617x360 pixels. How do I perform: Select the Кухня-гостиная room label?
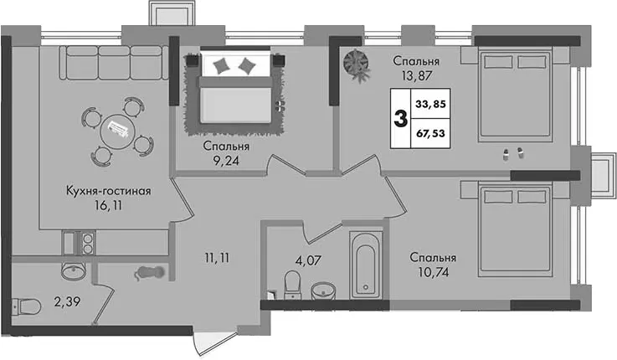(x=108, y=191)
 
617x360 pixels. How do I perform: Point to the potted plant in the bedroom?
(x=357, y=64)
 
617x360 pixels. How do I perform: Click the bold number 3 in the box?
(x=400, y=119)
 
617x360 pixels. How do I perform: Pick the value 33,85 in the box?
(x=430, y=105)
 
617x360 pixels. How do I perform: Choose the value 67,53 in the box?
(x=430, y=133)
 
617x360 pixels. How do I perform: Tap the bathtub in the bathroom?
(x=366, y=265)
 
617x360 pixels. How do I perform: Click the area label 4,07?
(x=308, y=260)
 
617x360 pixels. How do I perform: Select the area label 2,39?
(x=67, y=302)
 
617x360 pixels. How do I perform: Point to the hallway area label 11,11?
(x=217, y=259)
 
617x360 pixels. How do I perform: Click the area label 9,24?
(x=226, y=161)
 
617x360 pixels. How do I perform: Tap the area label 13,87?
(x=416, y=75)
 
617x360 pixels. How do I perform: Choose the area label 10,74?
(x=433, y=271)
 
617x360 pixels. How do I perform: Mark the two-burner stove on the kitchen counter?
(x=88, y=244)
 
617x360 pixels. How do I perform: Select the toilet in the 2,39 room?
(x=26, y=306)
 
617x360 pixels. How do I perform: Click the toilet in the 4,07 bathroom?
(x=292, y=283)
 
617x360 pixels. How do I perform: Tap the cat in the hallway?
(x=150, y=273)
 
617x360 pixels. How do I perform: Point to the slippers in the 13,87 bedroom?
(x=512, y=153)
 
